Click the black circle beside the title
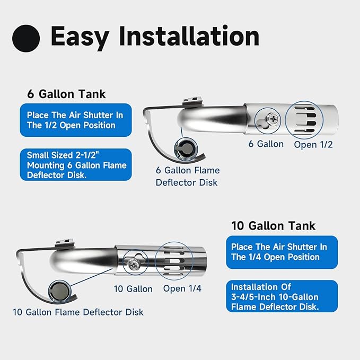click(26, 38)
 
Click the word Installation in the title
click(189, 36)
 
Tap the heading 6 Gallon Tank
click(66, 94)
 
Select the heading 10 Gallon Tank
click(273, 226)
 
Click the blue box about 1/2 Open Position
click(76, 120)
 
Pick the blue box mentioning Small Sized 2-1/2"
click(76, 164)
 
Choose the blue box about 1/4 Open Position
click(282, 252)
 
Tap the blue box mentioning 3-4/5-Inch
click(282, 296)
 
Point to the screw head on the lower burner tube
click(133, 265)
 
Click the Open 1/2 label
click(313, 145)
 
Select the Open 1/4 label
click(182, 288)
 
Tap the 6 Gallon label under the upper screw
click(266, 144)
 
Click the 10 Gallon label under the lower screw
click(133, 289)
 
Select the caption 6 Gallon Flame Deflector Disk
click(188, 177)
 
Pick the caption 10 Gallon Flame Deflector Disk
click(78, 312)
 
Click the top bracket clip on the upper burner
click(193, 102)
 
